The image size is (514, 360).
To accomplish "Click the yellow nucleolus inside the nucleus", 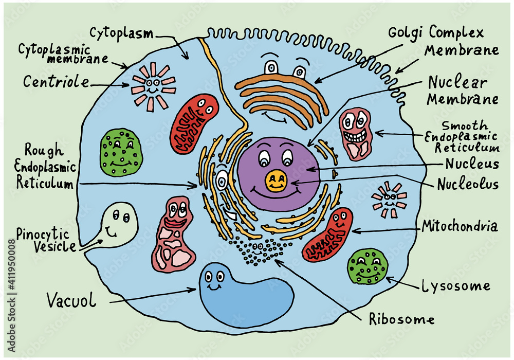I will [277, 181].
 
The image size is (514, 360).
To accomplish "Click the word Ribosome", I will [401, 319].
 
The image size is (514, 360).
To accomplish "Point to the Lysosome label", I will [455, 286].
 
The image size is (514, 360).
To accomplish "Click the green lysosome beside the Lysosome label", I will [367, 266].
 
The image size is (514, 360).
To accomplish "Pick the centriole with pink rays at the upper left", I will [153, 86].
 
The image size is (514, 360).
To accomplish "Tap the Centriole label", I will [56, 82].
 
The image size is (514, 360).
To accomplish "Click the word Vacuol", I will [71, 300].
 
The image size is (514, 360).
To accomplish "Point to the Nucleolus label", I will [468, 184].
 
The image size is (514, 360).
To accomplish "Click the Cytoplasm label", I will [121, 33].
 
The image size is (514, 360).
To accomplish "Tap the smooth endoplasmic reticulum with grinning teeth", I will [356, 133].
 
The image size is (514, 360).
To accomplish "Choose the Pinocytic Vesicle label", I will [46, 239].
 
